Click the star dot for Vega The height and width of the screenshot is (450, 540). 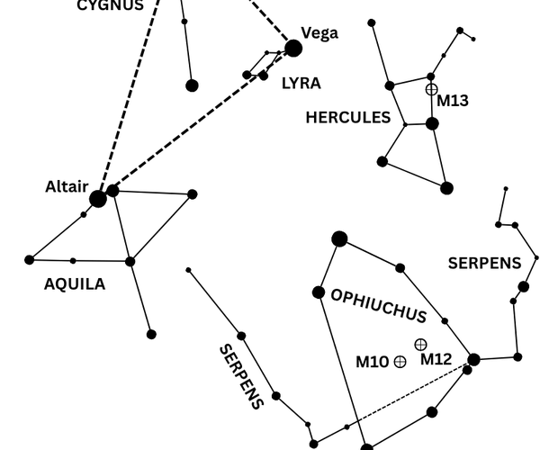click(293, 49)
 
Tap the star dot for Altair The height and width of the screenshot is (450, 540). click(98, 199)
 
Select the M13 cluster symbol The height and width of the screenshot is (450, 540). click(431, 89)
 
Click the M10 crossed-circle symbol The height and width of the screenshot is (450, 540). click(400, 362)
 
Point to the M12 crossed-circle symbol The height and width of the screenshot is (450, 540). click(420, 345)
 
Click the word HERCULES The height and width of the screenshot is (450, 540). click(348, 118)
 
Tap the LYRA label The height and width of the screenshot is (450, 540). click(301, 84)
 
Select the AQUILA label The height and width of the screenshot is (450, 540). click(75, 284)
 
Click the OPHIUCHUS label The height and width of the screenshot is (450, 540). click(379, 306)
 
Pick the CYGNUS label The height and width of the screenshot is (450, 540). click(110, 5)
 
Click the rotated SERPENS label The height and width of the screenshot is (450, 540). click(242, 376)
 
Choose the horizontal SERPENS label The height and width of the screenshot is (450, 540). click(484, 264)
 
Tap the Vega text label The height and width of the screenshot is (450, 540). click(319, 33)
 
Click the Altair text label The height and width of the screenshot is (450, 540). click(67, 187)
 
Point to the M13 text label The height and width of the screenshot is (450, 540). click(453, 101)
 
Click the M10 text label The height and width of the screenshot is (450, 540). click(372, 362)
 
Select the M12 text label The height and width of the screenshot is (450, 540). click(436, 359)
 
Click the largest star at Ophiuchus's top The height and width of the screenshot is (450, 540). click(339, 238)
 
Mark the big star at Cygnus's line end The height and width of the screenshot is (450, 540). click(192, 85)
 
